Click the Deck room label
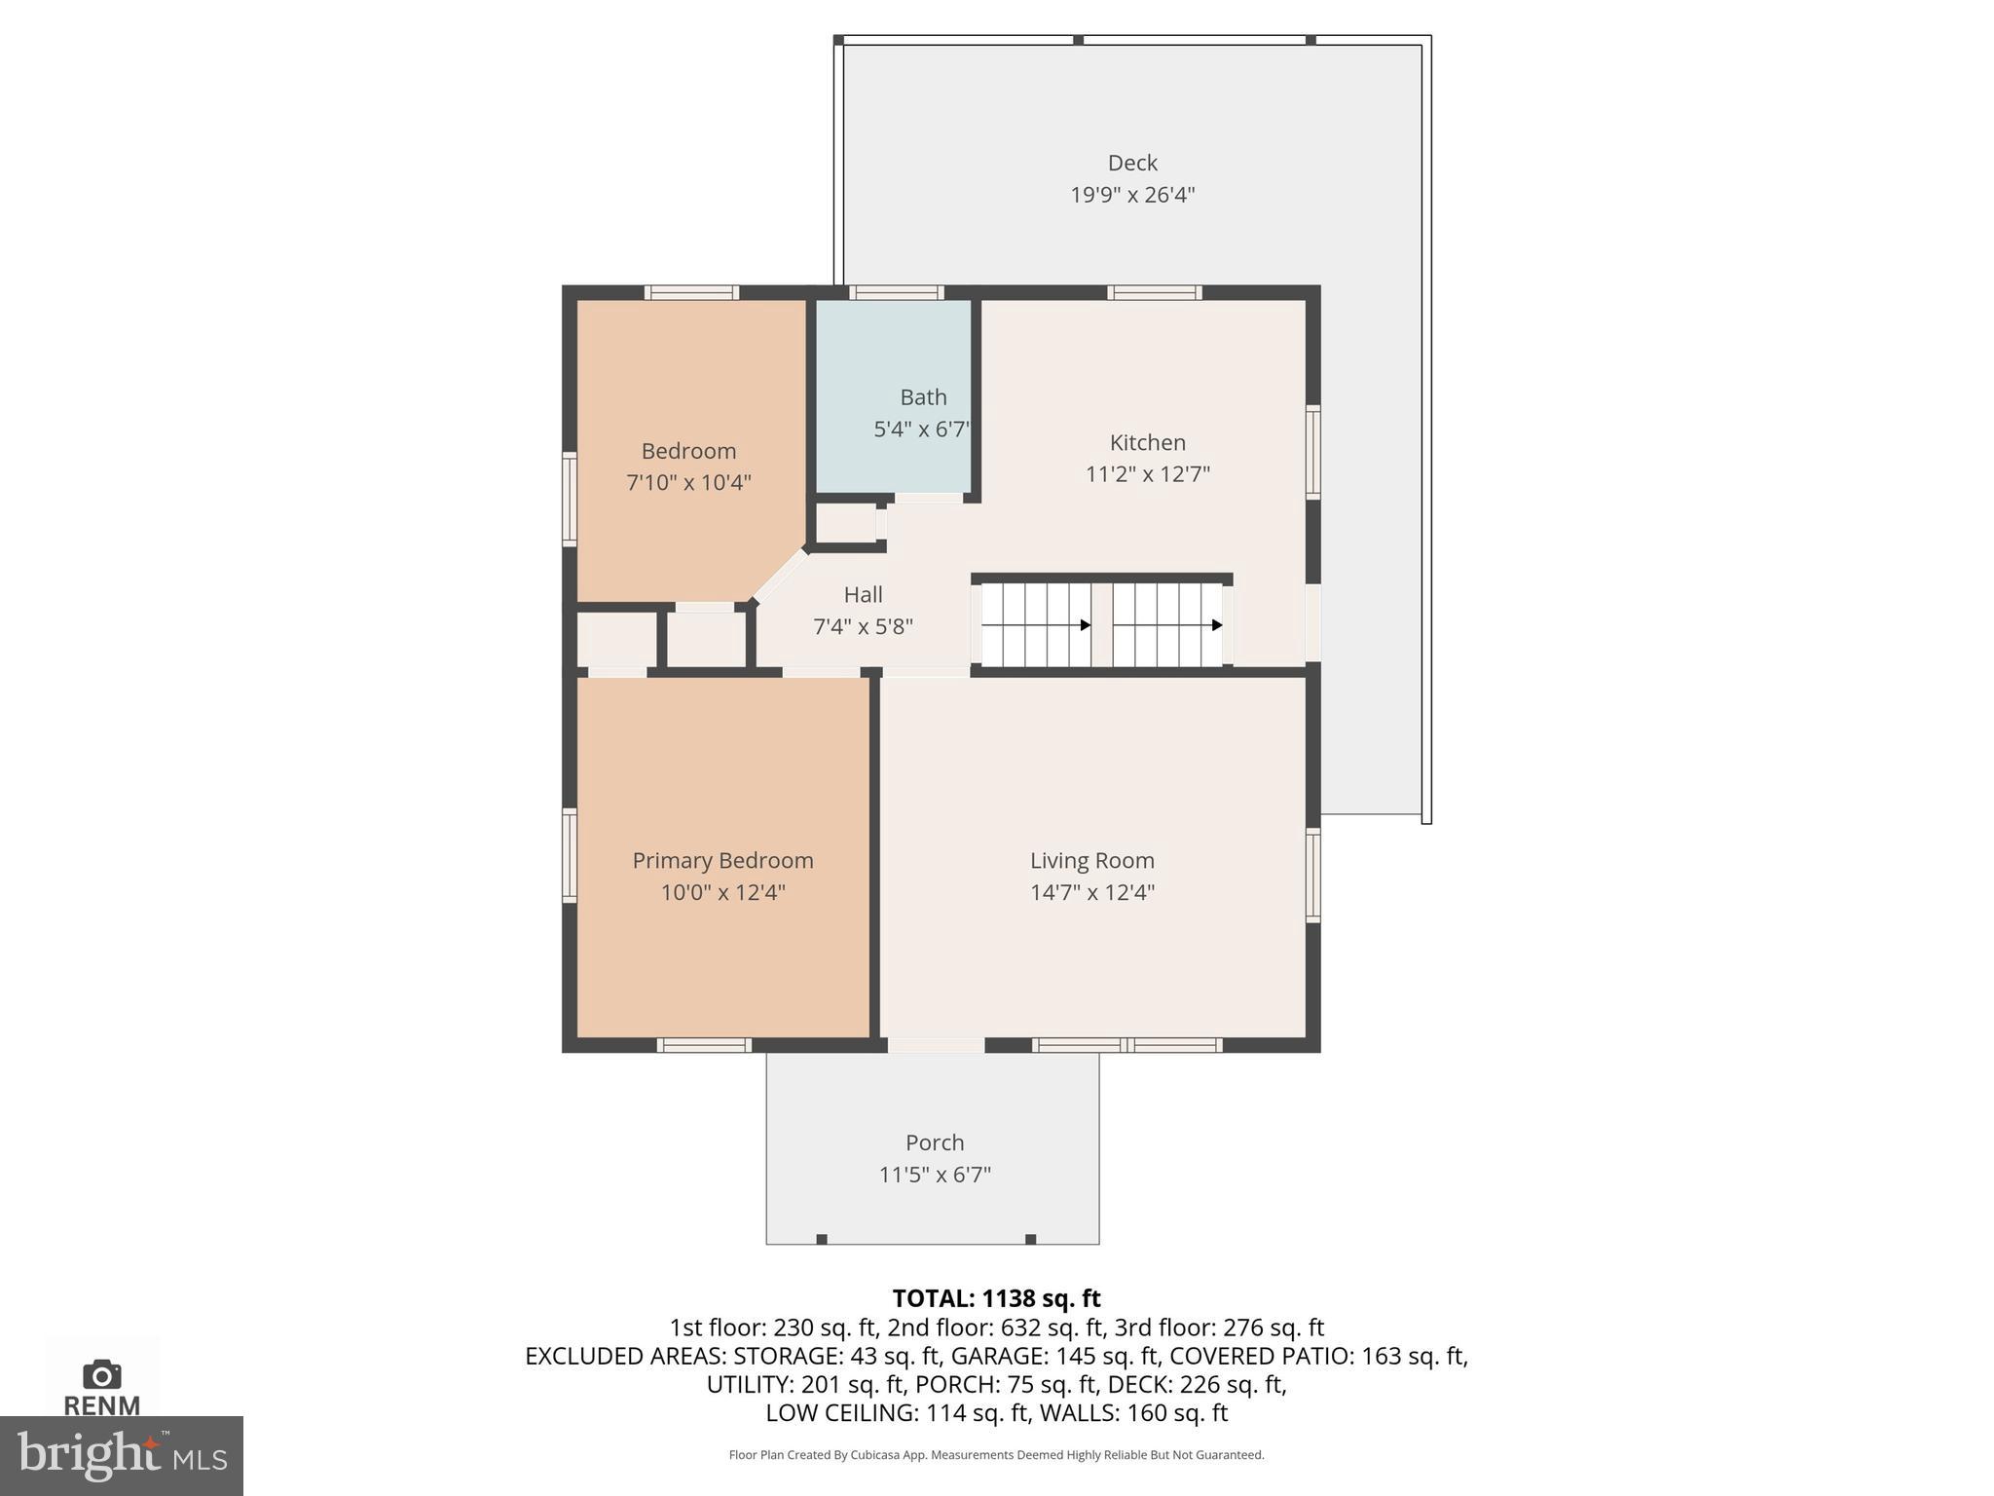1132,163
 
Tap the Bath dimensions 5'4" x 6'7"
921,429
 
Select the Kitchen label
1148,442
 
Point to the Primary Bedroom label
722,860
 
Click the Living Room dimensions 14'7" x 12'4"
1092,892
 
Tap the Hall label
863,594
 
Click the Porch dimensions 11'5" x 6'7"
935,1175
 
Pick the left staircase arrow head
1086,625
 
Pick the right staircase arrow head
1217,625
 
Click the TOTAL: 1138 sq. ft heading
996,1298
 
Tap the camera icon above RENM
102,1374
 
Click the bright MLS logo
121,1455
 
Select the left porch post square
822,1239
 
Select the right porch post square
1030,1239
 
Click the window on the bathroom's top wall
896,292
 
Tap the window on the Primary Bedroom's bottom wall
704,1045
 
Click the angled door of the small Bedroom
780,576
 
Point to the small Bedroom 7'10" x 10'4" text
688,482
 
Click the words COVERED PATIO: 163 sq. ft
1318,1356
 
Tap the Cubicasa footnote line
996,1455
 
